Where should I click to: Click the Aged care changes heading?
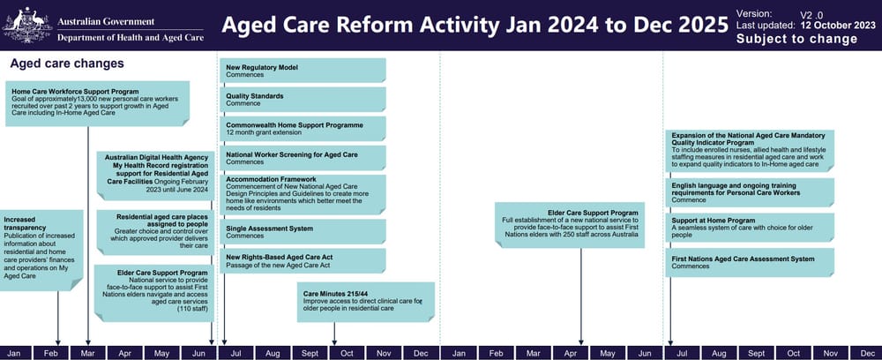coord(66,64)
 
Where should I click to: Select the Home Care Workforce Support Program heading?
coord(76,91)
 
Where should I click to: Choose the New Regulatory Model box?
coord(303,71)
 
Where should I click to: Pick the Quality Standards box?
coord(303,100)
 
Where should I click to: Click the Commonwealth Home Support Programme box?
coord(303,129)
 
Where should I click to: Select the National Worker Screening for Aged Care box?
coord(303,158)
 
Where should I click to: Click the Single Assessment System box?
coord(303,231)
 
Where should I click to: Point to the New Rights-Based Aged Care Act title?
coord(280,256)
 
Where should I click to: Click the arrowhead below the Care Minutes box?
coord(335,339)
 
